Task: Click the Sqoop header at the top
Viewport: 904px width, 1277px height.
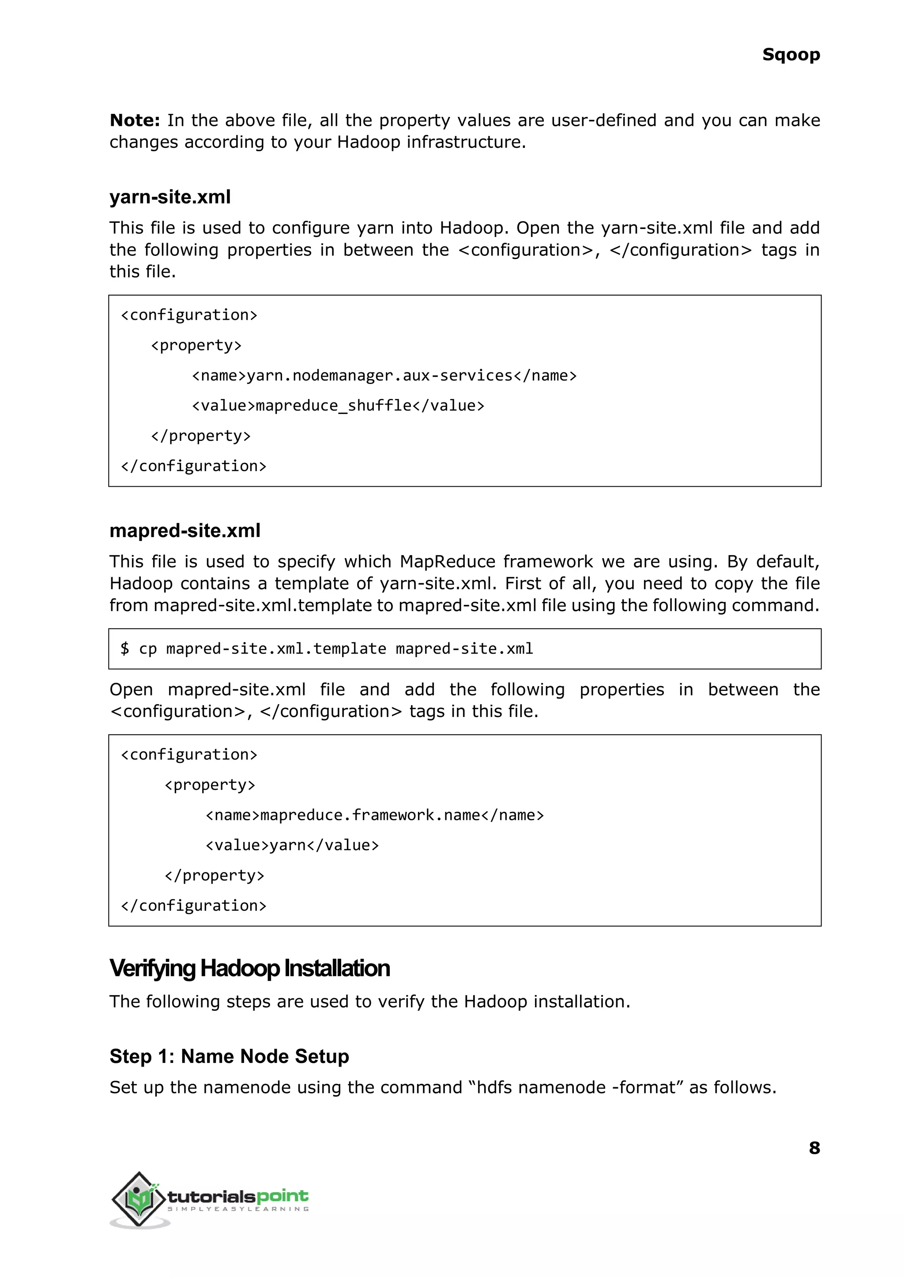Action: click(791, 55)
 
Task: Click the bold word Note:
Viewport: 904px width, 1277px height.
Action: click(135, 120)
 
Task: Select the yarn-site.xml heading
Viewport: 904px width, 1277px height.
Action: click(170, 197)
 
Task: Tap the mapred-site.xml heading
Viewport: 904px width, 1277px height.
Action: click(185, 531)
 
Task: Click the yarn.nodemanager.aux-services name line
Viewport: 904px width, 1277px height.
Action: click(384, 376)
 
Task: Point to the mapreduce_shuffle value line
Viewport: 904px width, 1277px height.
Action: click(338, 406)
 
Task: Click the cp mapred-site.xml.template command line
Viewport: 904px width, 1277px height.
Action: click(327, 649)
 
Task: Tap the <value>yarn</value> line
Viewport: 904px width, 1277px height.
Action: click(292, 845)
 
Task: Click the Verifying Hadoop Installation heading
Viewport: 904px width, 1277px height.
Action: click(249, 968)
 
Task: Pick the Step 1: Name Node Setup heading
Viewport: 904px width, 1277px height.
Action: click(229, 1056)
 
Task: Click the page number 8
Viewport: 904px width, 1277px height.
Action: click(814, 1148)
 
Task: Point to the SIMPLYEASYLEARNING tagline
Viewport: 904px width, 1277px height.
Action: click(238, 1209)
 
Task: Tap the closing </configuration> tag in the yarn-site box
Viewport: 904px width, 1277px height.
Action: click(194, 466)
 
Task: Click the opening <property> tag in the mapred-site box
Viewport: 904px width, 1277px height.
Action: click(210, 785)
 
